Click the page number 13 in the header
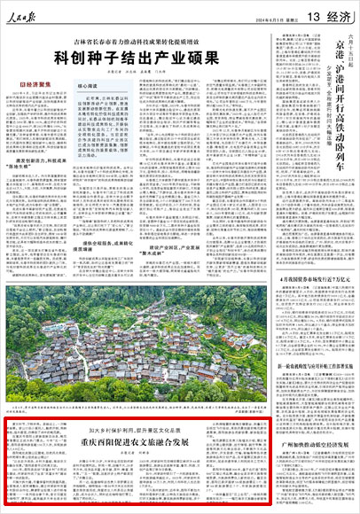(x=317, y=14)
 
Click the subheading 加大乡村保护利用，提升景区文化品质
(x=129, y=429)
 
